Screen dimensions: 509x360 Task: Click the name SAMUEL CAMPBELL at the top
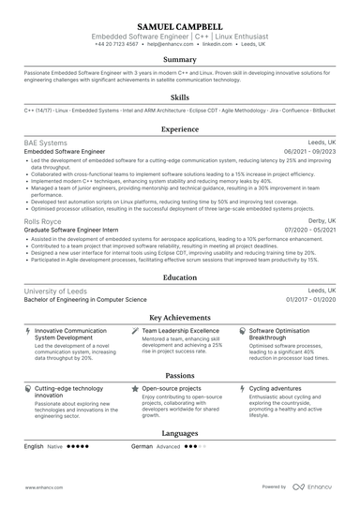click(x=179, y=26)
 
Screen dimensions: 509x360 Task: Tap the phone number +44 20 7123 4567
click(x=116, y=44)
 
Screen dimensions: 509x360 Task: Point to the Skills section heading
click(x=179, y=97)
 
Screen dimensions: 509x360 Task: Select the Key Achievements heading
click(x=179, y=317)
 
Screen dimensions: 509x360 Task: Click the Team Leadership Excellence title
click(x=180, y=331)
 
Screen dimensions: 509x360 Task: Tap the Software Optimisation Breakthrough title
click(x=287, y=335)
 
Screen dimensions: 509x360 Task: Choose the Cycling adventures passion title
click(x=276, y=387)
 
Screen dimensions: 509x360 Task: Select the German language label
click(x=142, y=447)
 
